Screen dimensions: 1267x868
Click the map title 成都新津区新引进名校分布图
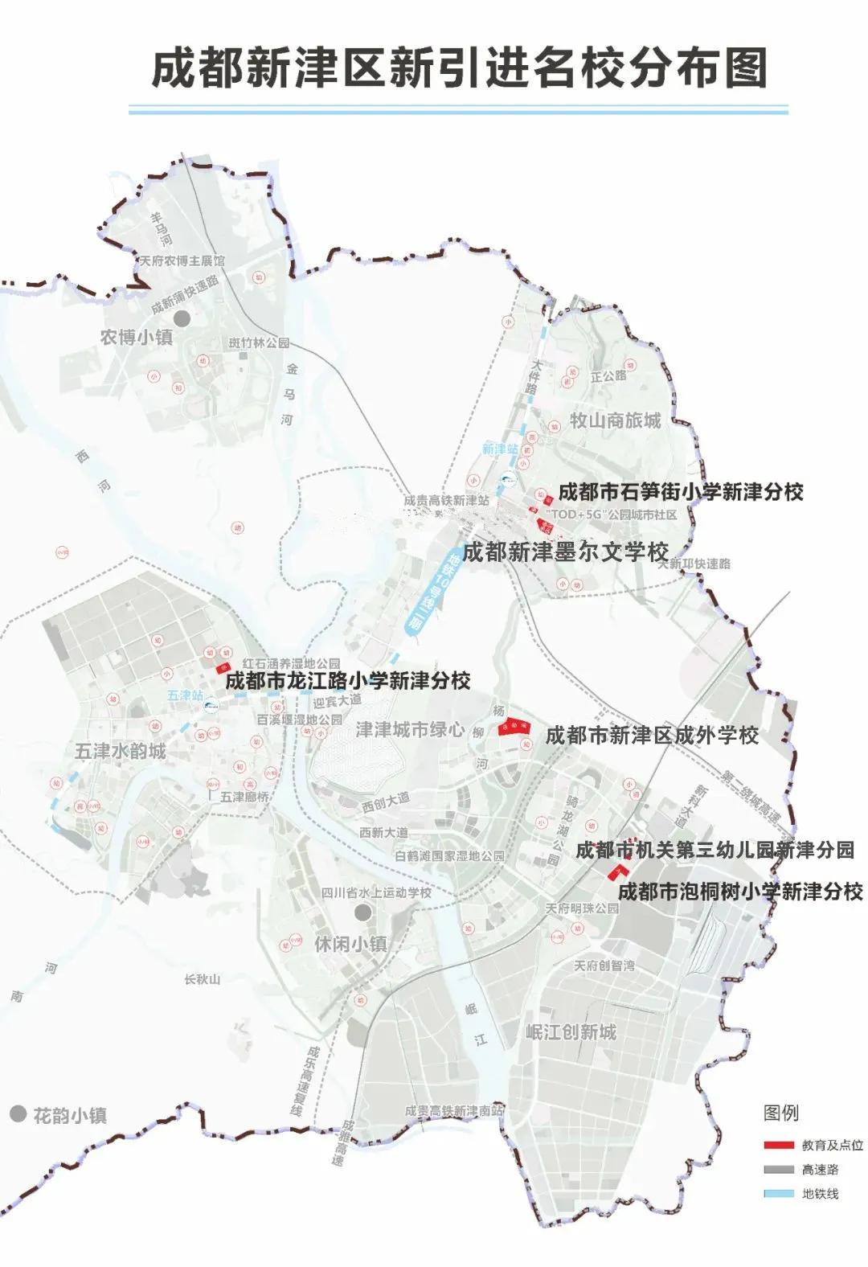[459, 67]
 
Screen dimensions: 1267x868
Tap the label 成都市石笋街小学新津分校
[681, 491]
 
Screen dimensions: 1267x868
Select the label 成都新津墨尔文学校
[565, 552]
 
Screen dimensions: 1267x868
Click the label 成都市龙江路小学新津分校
[347, 681]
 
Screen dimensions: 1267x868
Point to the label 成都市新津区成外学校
[652, 735]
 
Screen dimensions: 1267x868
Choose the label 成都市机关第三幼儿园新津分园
[714, 850]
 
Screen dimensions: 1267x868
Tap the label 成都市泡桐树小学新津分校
[740, 891]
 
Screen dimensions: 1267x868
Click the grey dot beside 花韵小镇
[18, 1114]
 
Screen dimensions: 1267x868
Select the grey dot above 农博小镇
[182, 318]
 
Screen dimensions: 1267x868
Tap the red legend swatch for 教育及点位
[778, 1145]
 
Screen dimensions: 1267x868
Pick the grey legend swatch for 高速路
[778, 1169]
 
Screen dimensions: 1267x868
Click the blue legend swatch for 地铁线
[778, 1194]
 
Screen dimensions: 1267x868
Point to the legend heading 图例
[780, 1113]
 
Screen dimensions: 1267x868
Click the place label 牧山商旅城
[615, 420]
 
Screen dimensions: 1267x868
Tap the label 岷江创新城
[571, 1032]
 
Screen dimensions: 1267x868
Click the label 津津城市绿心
[410, 729]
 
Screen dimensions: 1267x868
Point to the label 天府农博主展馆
[182, 261]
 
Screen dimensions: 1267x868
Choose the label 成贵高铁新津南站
[454, 1110]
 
